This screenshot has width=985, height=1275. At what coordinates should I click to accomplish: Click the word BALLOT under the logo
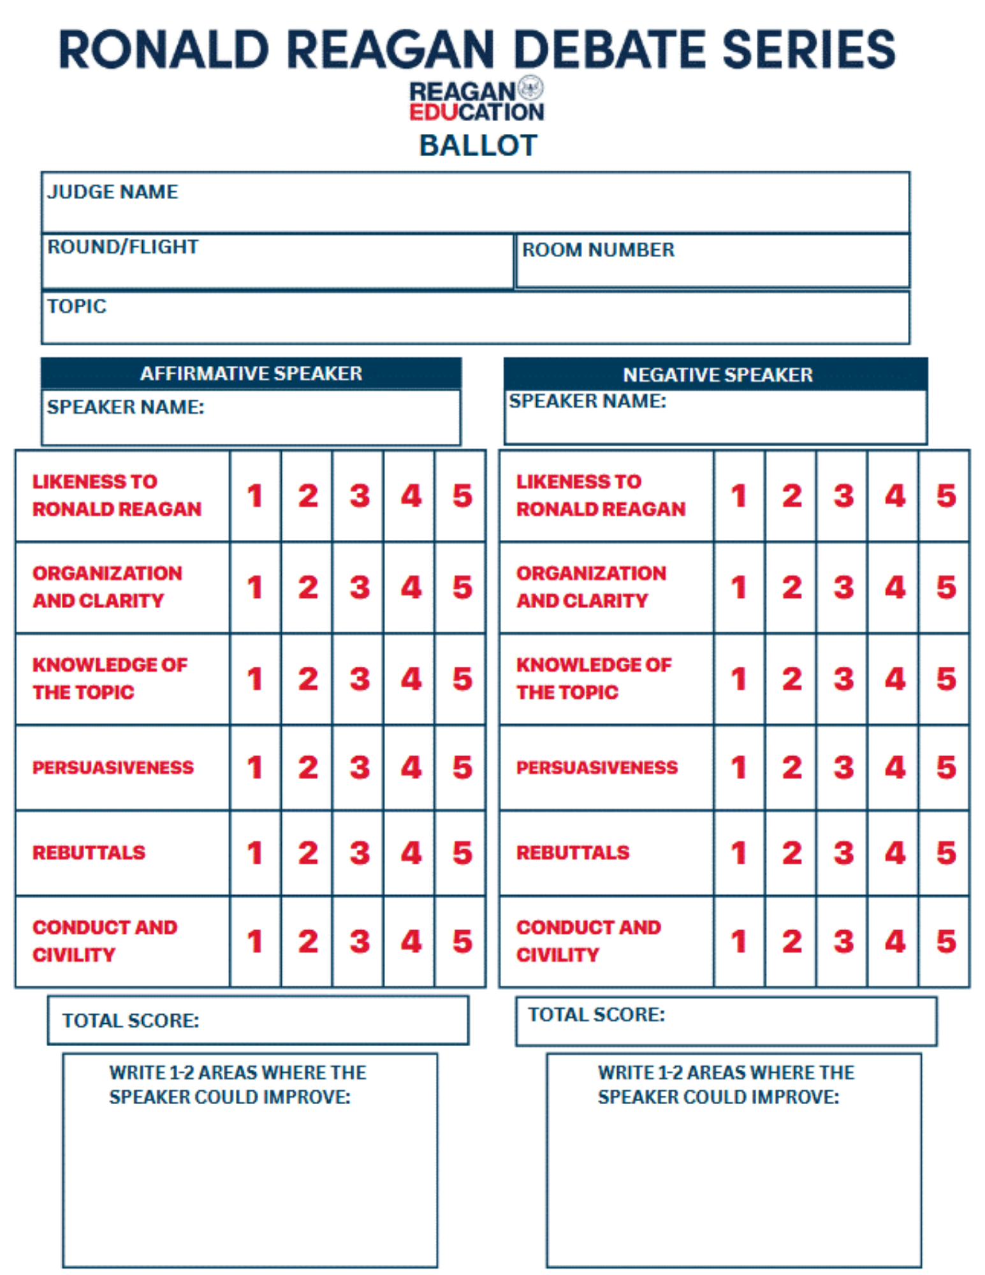point(478,145)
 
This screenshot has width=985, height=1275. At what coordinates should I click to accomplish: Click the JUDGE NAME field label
point(113,191)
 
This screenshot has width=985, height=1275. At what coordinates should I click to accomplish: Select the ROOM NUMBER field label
point(597,249)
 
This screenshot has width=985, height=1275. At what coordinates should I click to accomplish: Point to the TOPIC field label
point(77,306)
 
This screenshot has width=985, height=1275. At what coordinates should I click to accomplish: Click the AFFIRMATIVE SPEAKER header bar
point(251,373)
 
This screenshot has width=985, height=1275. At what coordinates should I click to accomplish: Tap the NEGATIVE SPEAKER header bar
point(717,374)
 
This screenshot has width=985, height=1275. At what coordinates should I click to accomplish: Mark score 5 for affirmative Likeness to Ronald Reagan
point(462,496)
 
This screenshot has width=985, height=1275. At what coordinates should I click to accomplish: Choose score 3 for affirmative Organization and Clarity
point(360,587)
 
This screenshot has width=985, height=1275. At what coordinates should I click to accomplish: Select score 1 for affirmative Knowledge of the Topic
point(255,678)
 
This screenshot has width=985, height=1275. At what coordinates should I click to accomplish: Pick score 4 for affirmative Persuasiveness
point(411,767)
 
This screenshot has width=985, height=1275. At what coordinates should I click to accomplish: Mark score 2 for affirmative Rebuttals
point(308,853)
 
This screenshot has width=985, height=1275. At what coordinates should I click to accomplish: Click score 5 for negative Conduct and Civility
point(946,942)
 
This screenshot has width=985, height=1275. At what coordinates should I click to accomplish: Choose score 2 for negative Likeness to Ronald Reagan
point(792,496)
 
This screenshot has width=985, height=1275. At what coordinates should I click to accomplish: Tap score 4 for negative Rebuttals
point(895,853)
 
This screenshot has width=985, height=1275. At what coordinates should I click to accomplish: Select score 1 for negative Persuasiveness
point(739,767)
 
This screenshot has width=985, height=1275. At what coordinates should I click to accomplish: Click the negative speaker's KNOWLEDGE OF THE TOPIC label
point(593,678)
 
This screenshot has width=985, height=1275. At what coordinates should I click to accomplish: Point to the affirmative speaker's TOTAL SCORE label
point(131,1020)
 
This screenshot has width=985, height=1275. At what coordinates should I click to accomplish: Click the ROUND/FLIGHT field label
point(122,247)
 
